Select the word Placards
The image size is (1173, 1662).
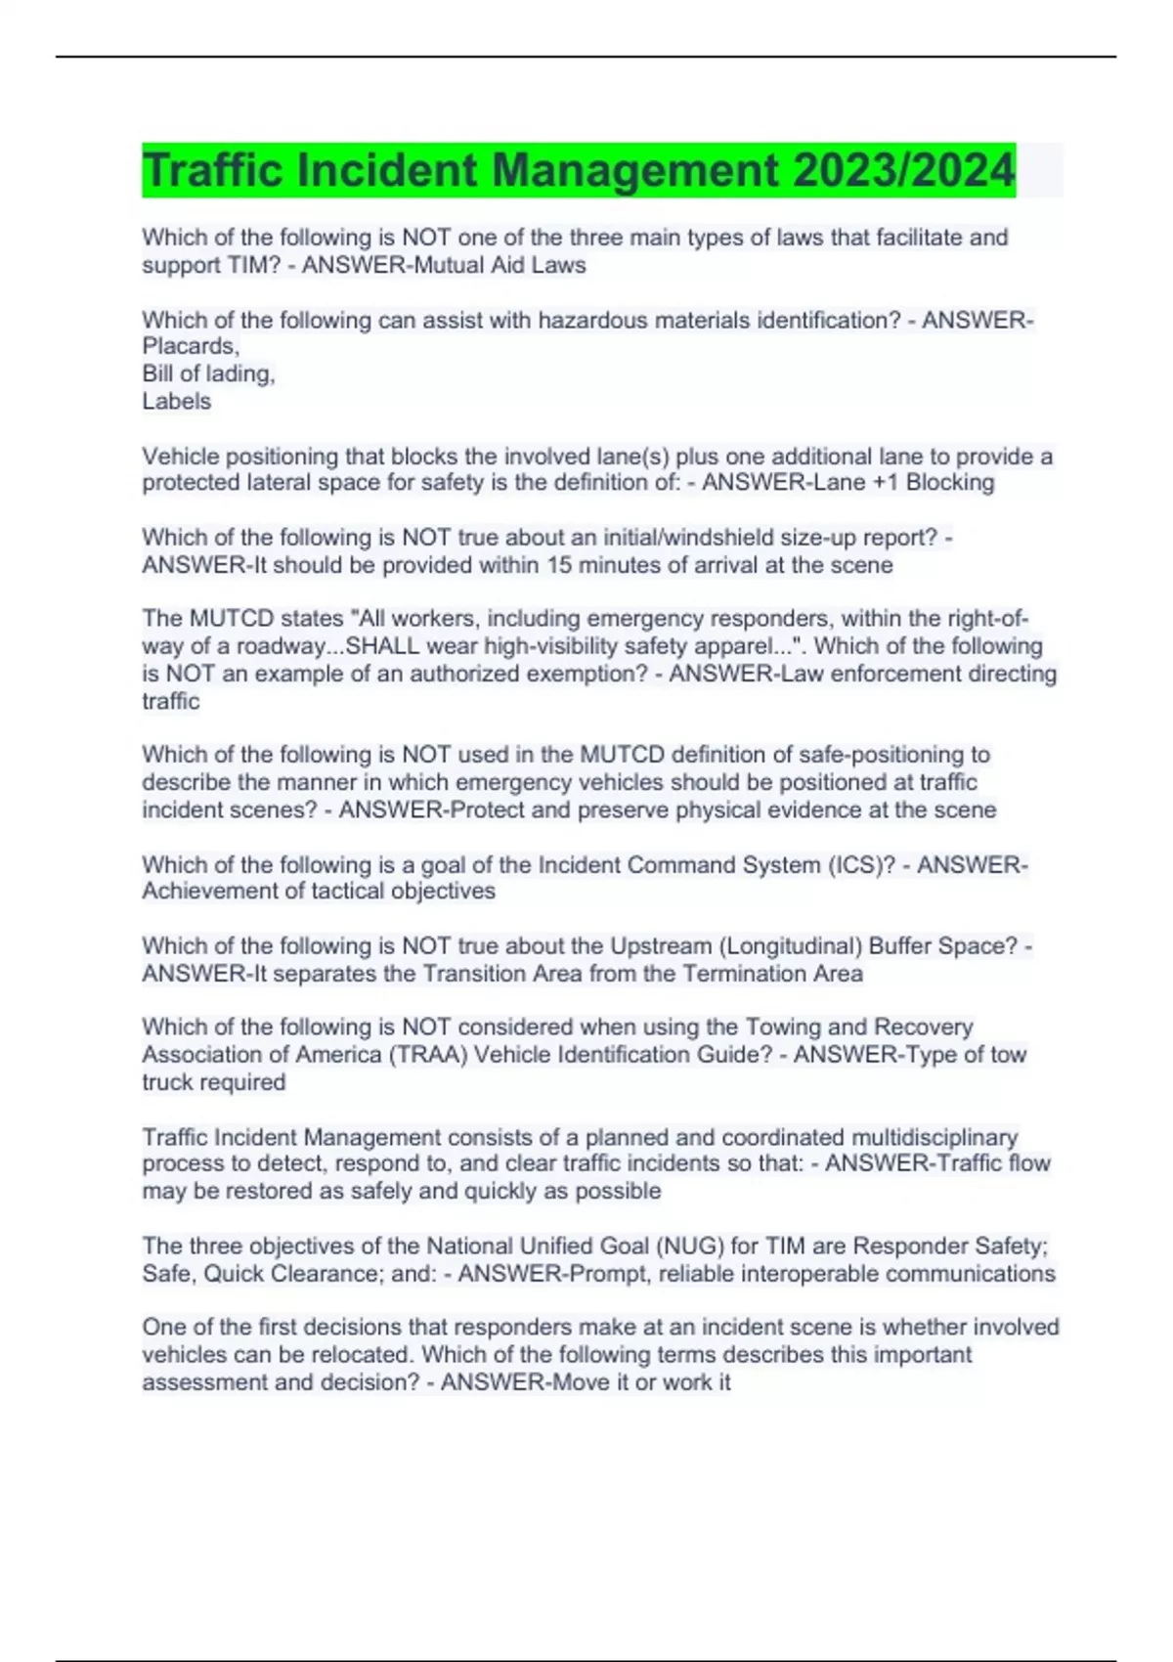coord(190,346)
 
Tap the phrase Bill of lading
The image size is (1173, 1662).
coord(208,373)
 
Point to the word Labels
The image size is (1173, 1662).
coord(176,401)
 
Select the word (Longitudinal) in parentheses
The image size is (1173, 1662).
coord(791,946)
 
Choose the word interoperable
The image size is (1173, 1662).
coord(810,1274)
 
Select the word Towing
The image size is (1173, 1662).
coord(783,1028)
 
